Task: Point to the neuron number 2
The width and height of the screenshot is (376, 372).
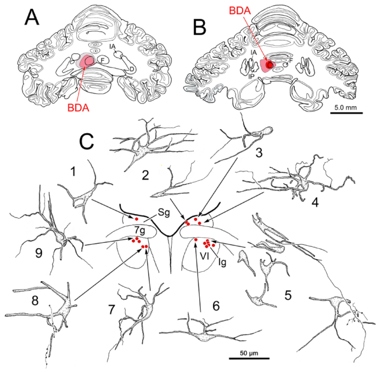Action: pos(145,175)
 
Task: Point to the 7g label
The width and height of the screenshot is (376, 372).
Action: pos(139,231)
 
